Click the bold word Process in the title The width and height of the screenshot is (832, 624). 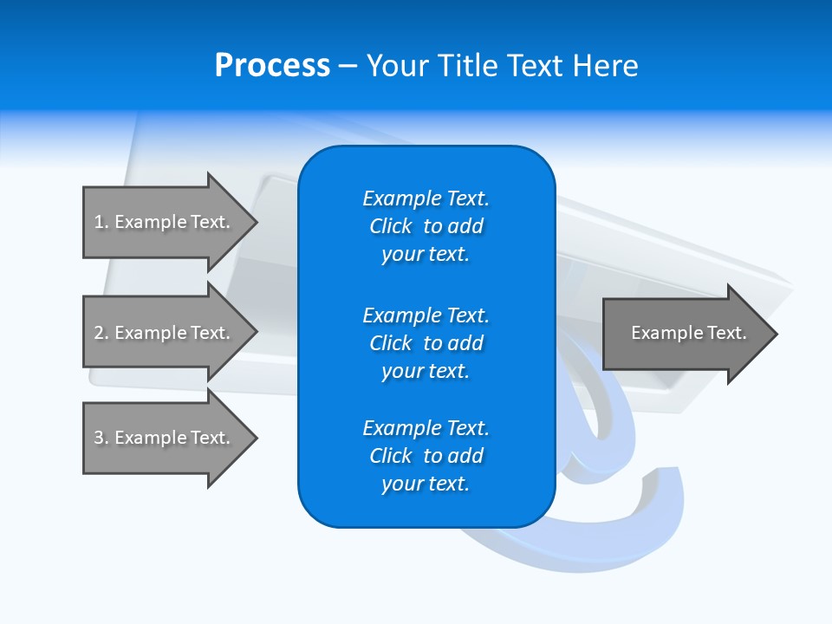(272, 66)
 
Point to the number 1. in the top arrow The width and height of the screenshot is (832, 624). (101, 222)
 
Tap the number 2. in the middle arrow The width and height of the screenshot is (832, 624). (101, 333)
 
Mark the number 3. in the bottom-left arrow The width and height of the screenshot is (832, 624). (101, 438)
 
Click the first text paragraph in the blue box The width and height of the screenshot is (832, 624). (426, 226)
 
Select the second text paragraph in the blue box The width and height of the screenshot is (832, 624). (426, 343)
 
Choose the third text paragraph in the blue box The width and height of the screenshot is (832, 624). (426, 456)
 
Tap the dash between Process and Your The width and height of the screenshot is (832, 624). (348, 67)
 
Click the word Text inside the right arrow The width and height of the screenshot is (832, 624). (727, 333)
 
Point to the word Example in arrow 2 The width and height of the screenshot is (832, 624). (150, 333)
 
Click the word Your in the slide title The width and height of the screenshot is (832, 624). (398, 66)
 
